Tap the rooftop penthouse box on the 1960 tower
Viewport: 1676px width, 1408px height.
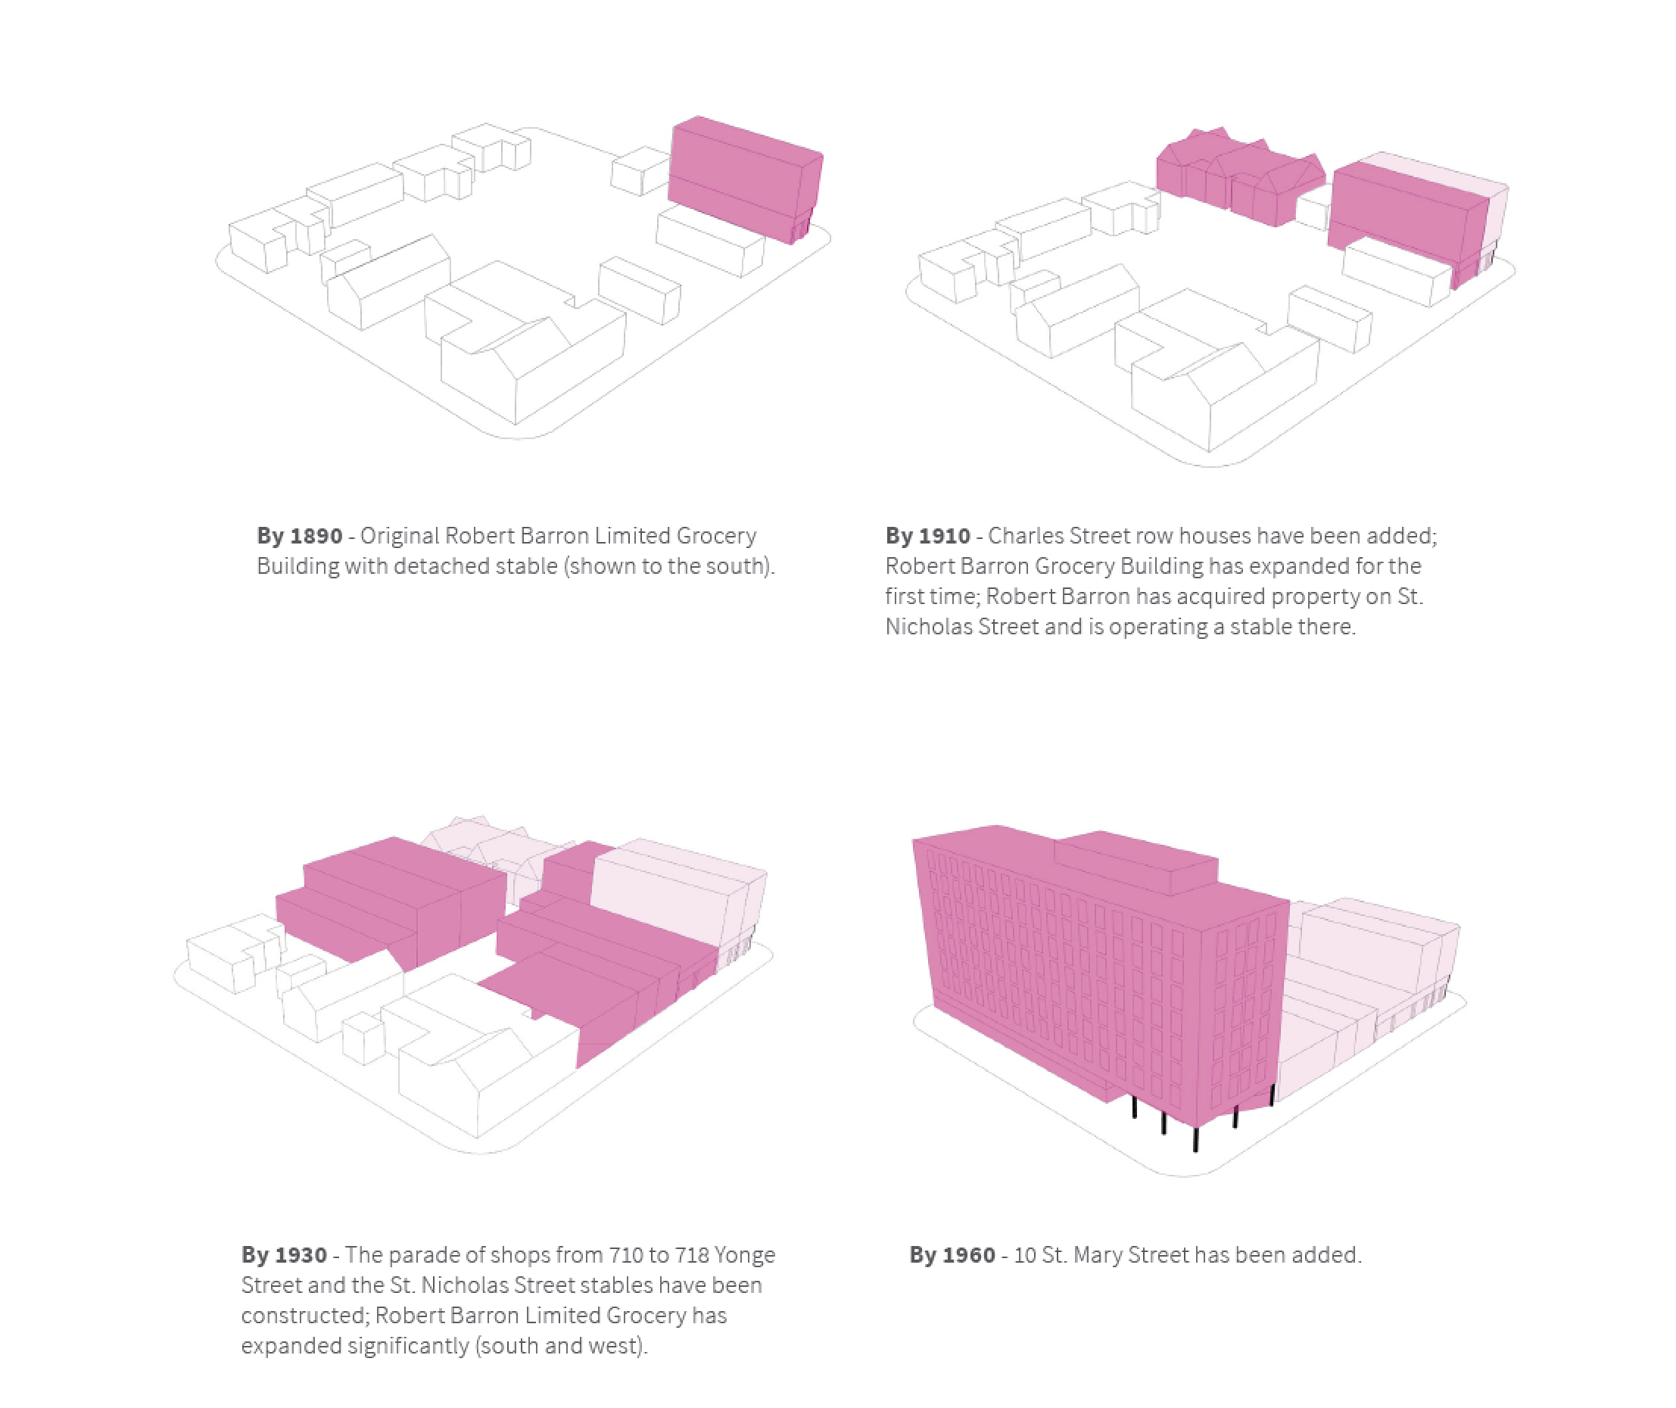[1136, 862]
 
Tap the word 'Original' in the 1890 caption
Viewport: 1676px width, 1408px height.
[399, 536]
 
